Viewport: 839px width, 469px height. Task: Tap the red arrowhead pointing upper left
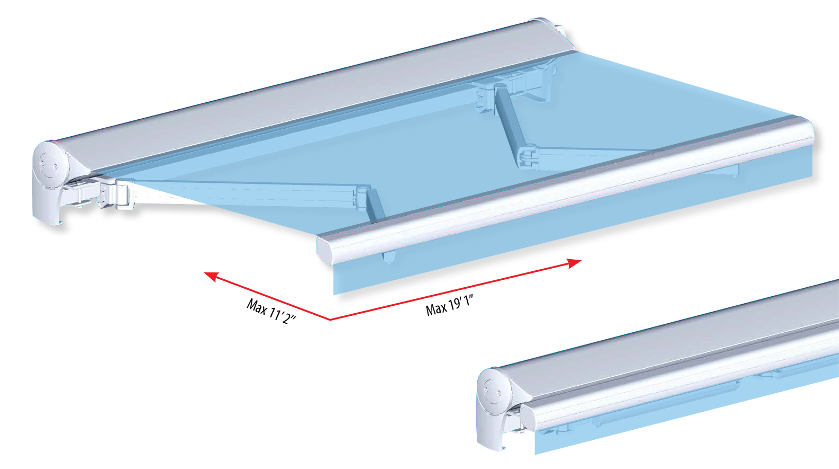211,277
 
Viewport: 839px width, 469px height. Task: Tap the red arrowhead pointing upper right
574,263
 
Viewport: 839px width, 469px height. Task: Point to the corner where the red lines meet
330,320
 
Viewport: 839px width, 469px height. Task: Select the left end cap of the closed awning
493,409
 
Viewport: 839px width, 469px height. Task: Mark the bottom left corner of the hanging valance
334,295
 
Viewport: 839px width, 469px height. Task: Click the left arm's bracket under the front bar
388,257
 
